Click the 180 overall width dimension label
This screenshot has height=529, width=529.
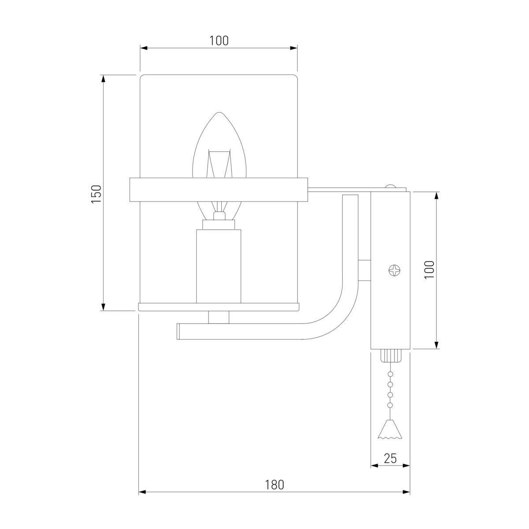pyautogui.click(x=274, y=485)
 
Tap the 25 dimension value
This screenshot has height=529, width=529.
pyautogui.click(x=390, y=458)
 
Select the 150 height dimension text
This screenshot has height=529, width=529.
pyautogui.click(x=97, y=194)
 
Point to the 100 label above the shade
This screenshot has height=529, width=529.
pyautogui.click(x=219, y=41)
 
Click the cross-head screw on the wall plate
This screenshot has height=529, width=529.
pyautogui.click(x=395, y=270)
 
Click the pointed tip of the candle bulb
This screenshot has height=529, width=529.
pyautogui.click(x=219, y=112)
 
